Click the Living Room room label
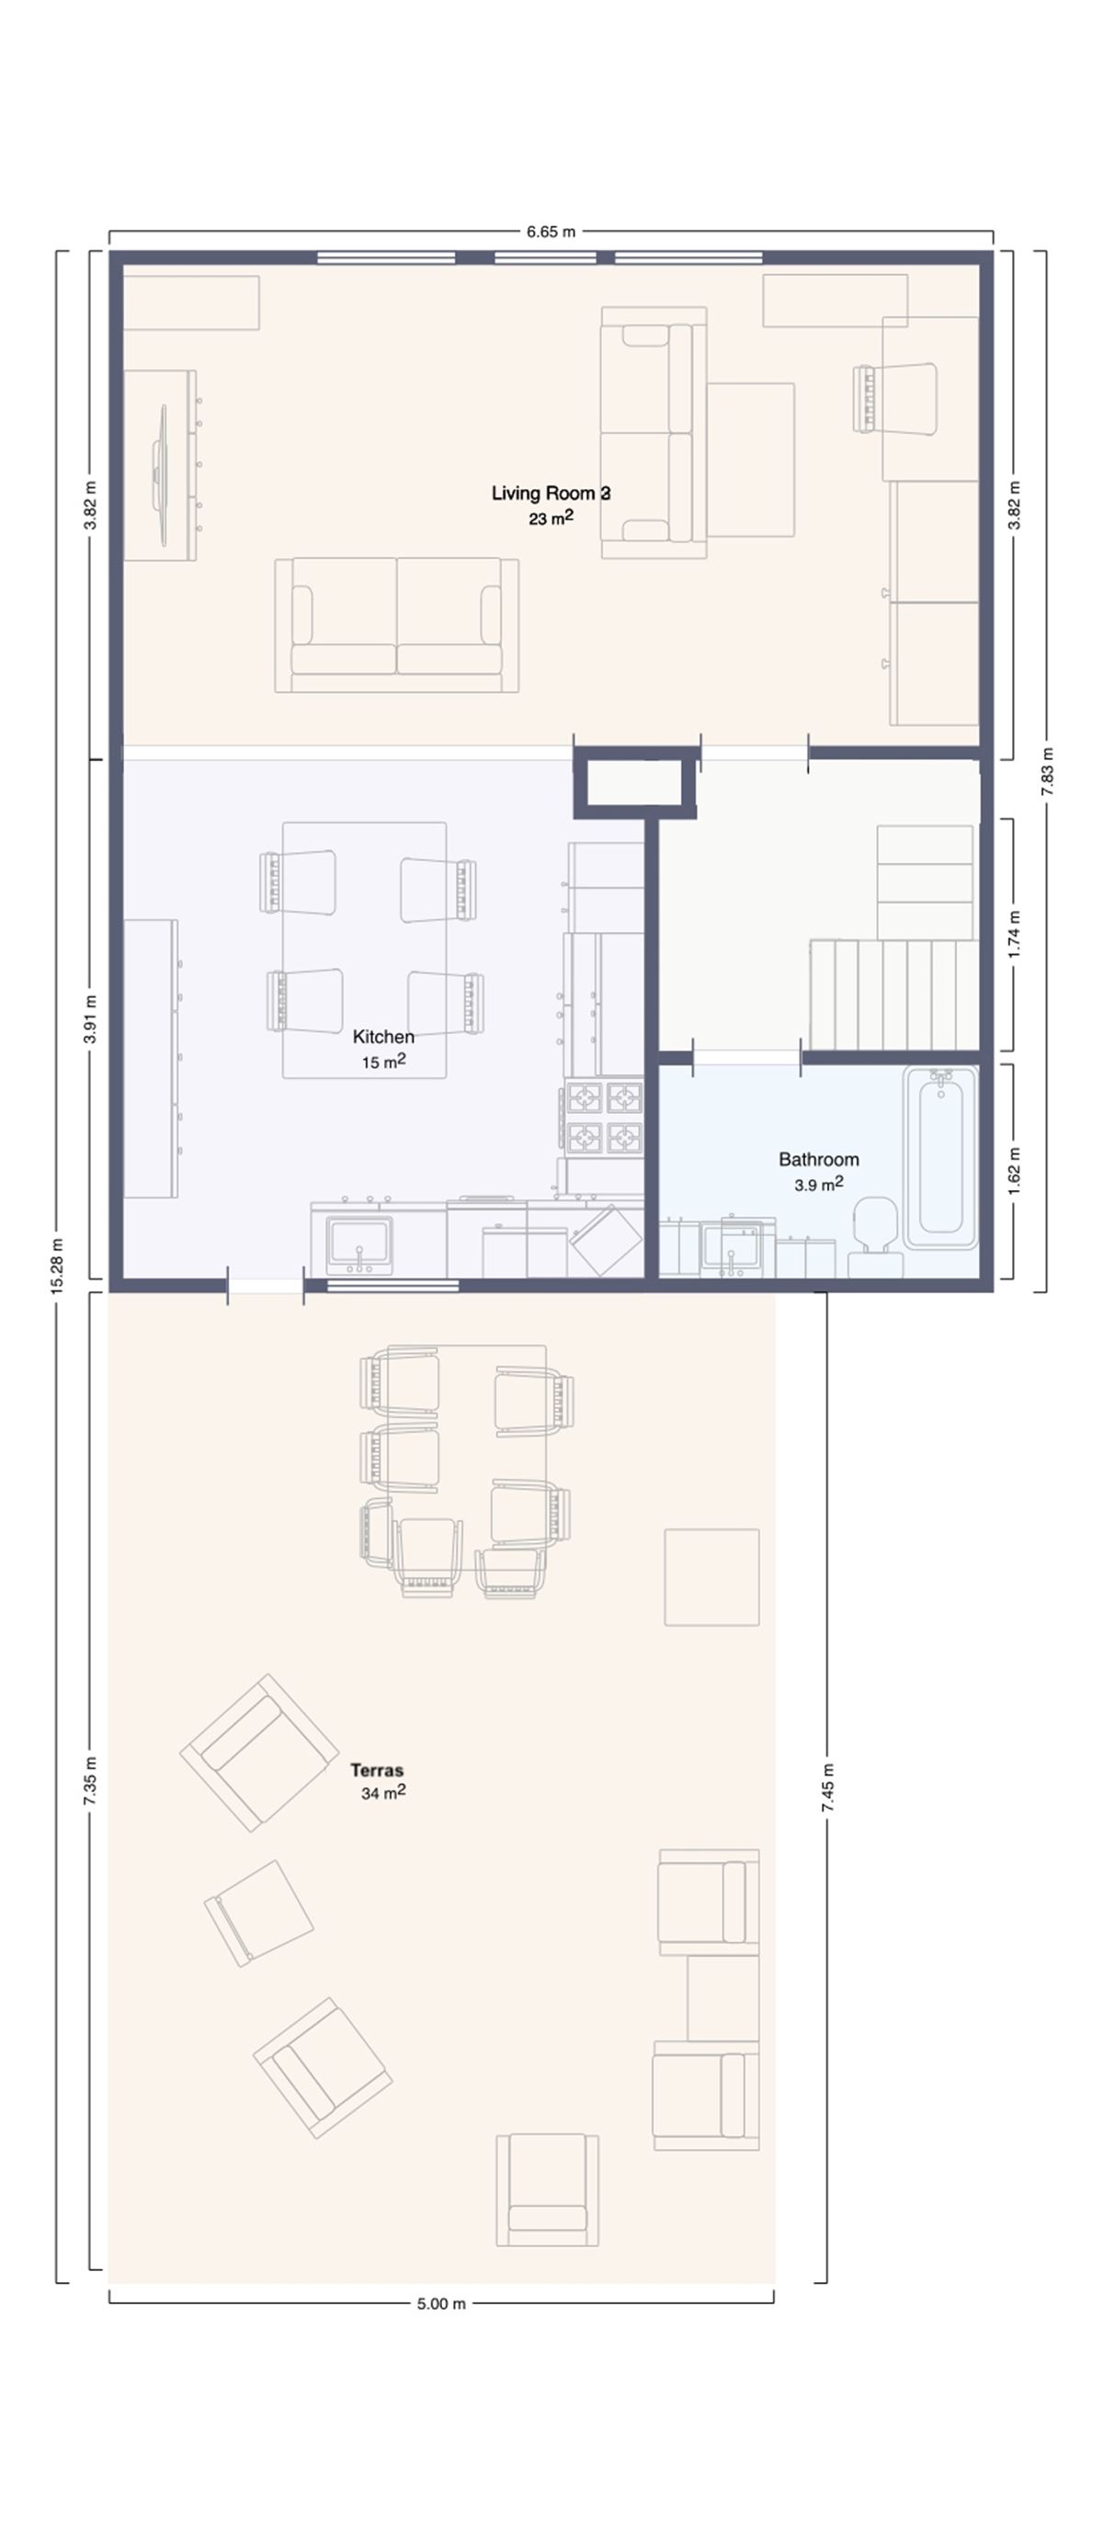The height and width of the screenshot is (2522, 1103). (x=550, y=494)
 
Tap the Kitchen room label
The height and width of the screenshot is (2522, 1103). (x=382, y=1037)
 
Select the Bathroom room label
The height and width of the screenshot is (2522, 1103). (x=818, y=1159)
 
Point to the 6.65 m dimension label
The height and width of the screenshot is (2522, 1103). (x=550, y=232)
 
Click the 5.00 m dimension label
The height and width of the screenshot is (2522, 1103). (x=440, y=2303)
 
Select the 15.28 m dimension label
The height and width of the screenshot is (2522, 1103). (x=57, y=1266)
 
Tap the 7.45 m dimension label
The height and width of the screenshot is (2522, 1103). (x=828, y=1788)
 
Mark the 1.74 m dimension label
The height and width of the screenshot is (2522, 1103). (x=1014, y=935)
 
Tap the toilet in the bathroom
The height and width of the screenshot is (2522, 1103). (x=874, y=1233)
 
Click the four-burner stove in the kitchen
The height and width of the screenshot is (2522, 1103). (x=604, y=1116)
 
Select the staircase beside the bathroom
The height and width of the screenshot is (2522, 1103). (x=893, y=994)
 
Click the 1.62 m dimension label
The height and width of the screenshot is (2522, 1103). (x=1014, y=1170)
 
